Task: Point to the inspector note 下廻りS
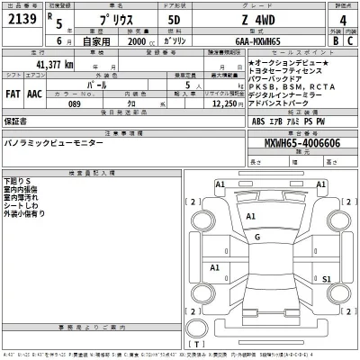point(18,182)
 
